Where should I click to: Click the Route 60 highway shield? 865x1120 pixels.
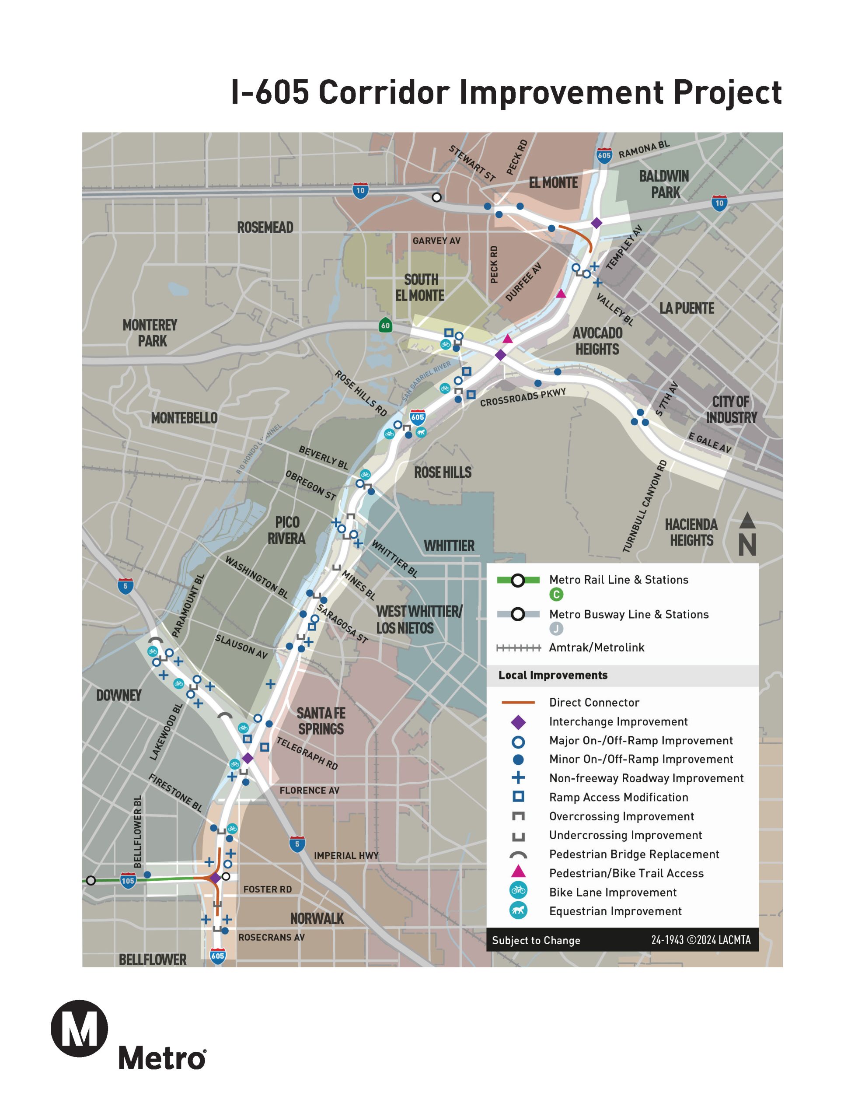tap(385, 325)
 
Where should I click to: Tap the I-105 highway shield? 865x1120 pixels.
tap(128, 881)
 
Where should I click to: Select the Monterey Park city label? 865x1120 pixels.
tap(150, 333)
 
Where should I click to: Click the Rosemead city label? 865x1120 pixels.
tap(265, 227)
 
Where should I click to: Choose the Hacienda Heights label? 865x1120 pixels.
tap(691, 532)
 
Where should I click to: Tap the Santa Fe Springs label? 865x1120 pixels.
tap(321, 721)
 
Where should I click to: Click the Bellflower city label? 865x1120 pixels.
tap(153, 959)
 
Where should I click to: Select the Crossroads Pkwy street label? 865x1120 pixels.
tap(523, 397)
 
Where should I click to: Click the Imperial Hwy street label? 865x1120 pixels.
tap(346, 855)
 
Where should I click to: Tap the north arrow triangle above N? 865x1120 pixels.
tap(747, 521)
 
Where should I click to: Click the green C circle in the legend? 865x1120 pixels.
tap(556, 595)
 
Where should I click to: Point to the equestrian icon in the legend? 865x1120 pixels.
tap(518, 911)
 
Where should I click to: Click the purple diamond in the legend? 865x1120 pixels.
tap(518, 722)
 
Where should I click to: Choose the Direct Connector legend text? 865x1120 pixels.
tap(594, 703)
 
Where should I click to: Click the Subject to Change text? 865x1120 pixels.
tap(536, 941)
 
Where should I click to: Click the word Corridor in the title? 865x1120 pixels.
tap(384, 92)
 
